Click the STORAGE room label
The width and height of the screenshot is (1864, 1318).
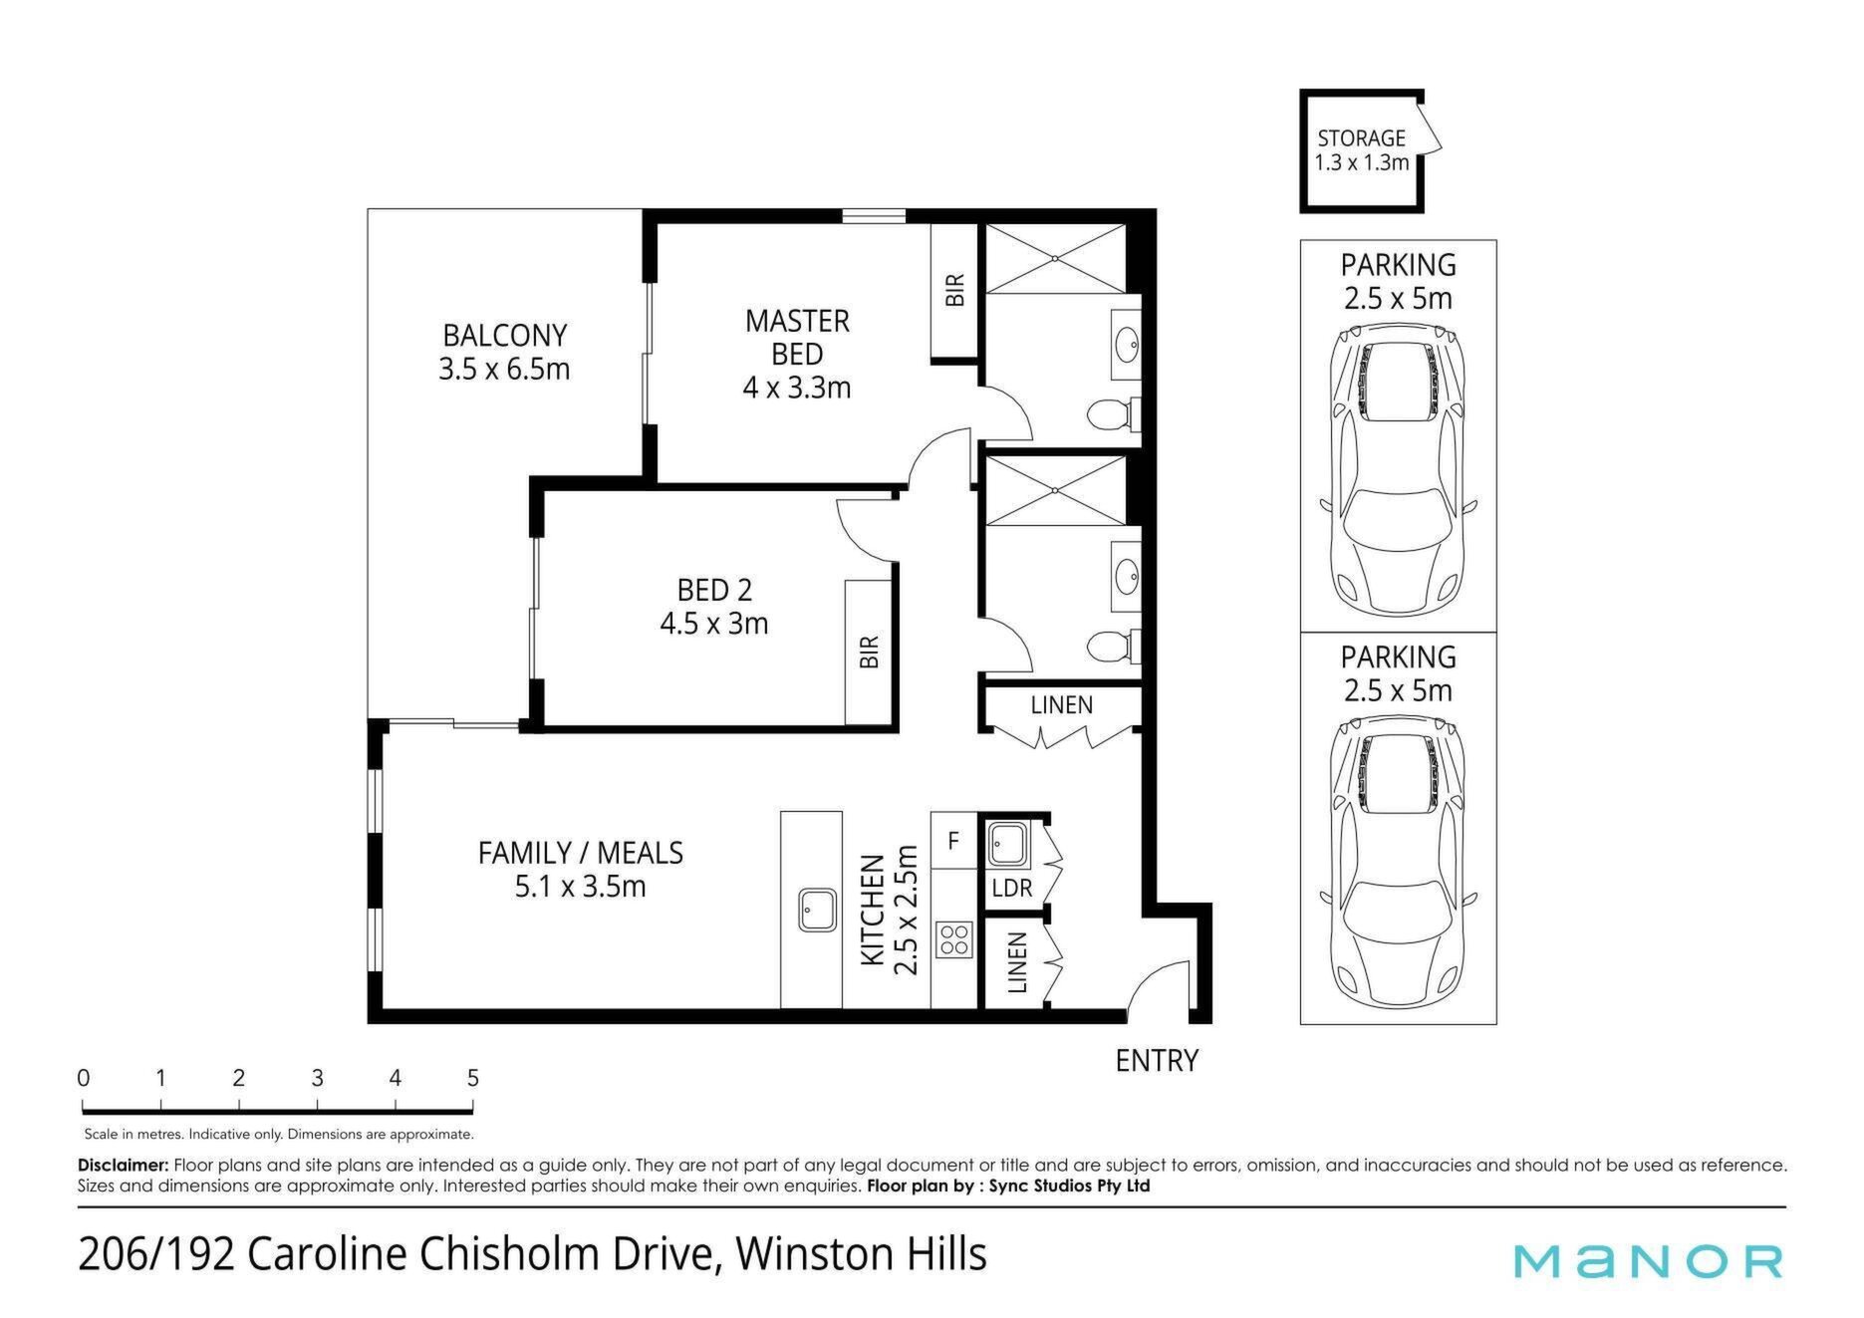point(1361,138)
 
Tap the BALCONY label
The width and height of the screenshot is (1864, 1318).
point(504,335)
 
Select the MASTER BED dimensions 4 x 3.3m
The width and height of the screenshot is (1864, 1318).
point(797,388)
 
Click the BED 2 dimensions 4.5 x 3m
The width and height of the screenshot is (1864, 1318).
point(714,624)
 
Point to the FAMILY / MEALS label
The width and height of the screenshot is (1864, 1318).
point(581,853)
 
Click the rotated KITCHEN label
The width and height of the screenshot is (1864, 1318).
point(873,910)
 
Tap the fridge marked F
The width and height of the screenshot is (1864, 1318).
point(953,841)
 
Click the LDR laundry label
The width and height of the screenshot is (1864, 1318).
point(1012,888)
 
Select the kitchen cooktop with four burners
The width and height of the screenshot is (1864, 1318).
point(953,938)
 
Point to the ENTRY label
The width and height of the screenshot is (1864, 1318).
point(1157,1061)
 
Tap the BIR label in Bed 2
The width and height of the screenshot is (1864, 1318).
point(870,652)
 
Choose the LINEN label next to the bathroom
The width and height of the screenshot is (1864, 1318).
point(1062,705)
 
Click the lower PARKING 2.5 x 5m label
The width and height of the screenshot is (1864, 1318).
point(1399,673)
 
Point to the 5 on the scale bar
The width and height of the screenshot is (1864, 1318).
point(473,1078)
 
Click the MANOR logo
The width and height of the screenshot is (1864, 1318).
point(1648,1260)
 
